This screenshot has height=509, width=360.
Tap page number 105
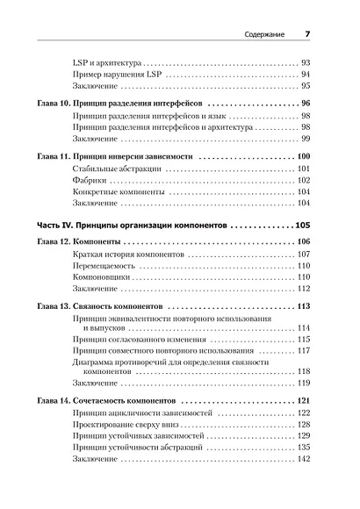(x=303, y=224)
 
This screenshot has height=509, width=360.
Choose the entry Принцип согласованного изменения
(x=139, y=339)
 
